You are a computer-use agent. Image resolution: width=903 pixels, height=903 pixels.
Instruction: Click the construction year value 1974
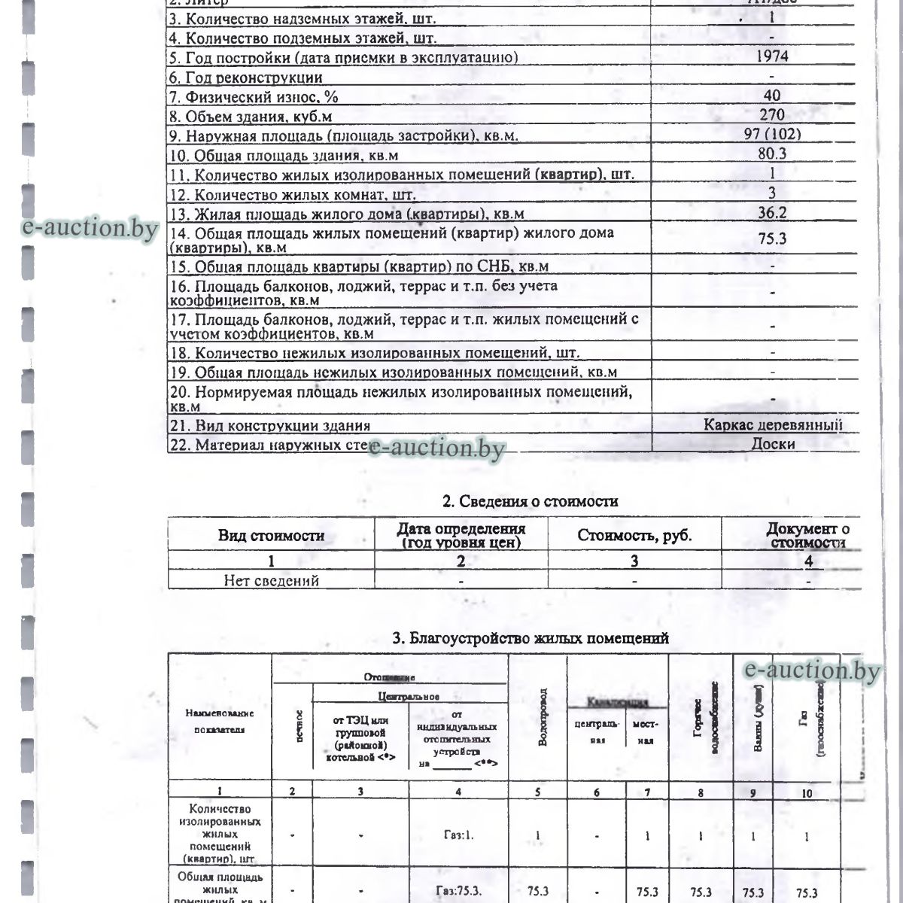coord(772,57)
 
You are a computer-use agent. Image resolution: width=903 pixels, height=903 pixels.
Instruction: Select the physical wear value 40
coord(772,96)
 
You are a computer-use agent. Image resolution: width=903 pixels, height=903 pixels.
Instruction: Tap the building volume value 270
coord(772,115)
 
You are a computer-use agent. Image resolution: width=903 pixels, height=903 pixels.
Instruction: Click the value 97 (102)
coord(772,135)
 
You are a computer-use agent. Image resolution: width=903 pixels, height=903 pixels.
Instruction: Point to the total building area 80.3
coord(772,154)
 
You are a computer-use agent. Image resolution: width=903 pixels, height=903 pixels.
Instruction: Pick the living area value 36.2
coord(772,213)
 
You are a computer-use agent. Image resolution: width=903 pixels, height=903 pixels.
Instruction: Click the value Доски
coord(773,444)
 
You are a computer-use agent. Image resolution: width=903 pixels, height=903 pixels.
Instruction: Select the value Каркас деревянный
coord(772,424)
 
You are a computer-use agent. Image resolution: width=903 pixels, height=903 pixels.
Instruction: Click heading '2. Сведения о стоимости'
coord(530,501)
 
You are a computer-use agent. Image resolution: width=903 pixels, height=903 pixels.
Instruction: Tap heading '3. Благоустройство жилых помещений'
coord(531,639)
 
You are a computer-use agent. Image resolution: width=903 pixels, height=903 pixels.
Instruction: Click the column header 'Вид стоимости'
coord(271,536)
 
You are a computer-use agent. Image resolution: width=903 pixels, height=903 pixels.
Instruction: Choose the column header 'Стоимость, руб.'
coord(634,536)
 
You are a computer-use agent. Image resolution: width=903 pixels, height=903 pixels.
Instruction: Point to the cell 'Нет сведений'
coord(271,581)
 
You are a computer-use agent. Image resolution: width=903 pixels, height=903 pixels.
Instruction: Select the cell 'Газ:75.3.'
coord(459,892)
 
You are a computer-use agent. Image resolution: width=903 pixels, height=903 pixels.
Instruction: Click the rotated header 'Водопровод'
coord(540,716)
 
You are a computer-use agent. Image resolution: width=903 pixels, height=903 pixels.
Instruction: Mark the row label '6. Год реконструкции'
coord(246,78)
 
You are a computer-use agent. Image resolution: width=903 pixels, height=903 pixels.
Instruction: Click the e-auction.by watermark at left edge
coord(90,228)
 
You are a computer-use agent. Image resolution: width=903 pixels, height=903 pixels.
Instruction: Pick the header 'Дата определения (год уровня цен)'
coord(461,536)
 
